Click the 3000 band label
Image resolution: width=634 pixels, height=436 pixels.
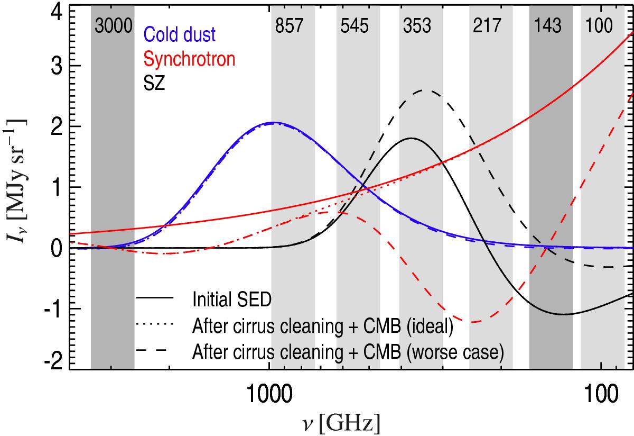pos(113,25)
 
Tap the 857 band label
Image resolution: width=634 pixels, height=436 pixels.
pos(292,25)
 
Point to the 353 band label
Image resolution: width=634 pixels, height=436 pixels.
pos(420,25)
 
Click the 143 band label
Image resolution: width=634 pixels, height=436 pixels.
pos(551,25)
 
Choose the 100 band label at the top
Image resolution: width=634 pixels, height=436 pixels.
pos(603,25)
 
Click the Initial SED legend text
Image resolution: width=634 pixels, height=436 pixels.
pos(232,300)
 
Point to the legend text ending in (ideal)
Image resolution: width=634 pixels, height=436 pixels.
pos(323,325)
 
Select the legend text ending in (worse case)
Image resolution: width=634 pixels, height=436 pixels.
pos(348,351)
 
